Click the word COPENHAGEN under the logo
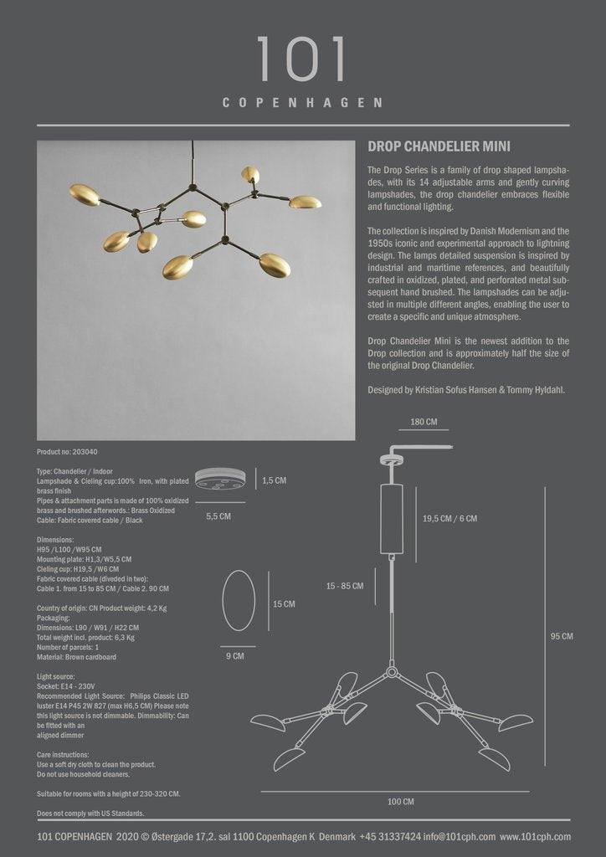tap(302, 104)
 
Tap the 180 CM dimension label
tap(424, 422)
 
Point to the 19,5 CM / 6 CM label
tap(449, 518)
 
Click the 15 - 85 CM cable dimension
tap(345, 586)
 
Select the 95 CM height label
tap(561, 636)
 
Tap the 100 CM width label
tap(400, 802)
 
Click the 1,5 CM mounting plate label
tap(274, 481)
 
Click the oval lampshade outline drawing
tap(239, 600)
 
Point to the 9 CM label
tap(234, 656)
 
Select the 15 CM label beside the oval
tap(284, 603)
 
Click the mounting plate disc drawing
tap(219, 479)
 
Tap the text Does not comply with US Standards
tap(90, 813)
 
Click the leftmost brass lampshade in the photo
tap(85, 194)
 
